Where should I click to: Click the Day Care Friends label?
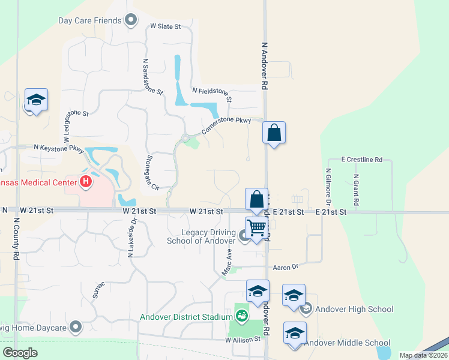pyautogui.click(x=89, y=21)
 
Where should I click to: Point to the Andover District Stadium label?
pyautogui.click(x=186, y=317)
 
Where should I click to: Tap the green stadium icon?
pyautogui.click(x=242, y=315)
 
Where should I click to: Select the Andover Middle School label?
pyautogui.click(x=347, y=343)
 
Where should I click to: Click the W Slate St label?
pyautogui.click(x=166, y=26)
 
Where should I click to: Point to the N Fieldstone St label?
pyautogui.click(x=212, y=94)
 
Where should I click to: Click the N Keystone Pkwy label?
pyautogui.click(x=59, y=147)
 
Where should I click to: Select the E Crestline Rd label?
pyautogui.click(x=361, y=160)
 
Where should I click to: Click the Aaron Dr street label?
pyautogui.click(x=285, y=266)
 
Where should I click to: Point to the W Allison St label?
pyautogui.click(x=245, y=340)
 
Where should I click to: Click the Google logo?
pyautogui.click(x=20, y=353)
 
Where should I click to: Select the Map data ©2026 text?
pyautogui.click(x=423, y=355)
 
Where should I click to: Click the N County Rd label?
pyautogui.click(x=16, y=238)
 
